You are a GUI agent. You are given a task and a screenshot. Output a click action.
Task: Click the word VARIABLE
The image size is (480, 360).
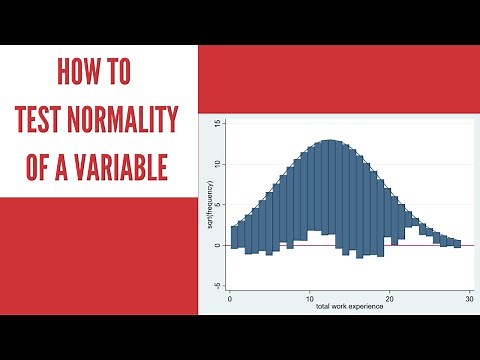[124, 166]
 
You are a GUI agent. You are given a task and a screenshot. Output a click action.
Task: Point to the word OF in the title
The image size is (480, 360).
[42, 166]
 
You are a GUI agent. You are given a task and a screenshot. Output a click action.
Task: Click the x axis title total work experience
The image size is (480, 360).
[349, 306]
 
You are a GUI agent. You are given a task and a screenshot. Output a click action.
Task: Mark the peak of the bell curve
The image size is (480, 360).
[329, 140]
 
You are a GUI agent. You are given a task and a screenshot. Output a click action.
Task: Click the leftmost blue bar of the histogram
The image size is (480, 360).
[234, 237]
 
